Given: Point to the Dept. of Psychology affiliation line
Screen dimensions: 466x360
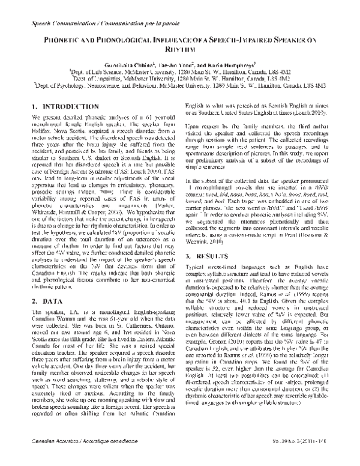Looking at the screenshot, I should click(179, 85).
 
